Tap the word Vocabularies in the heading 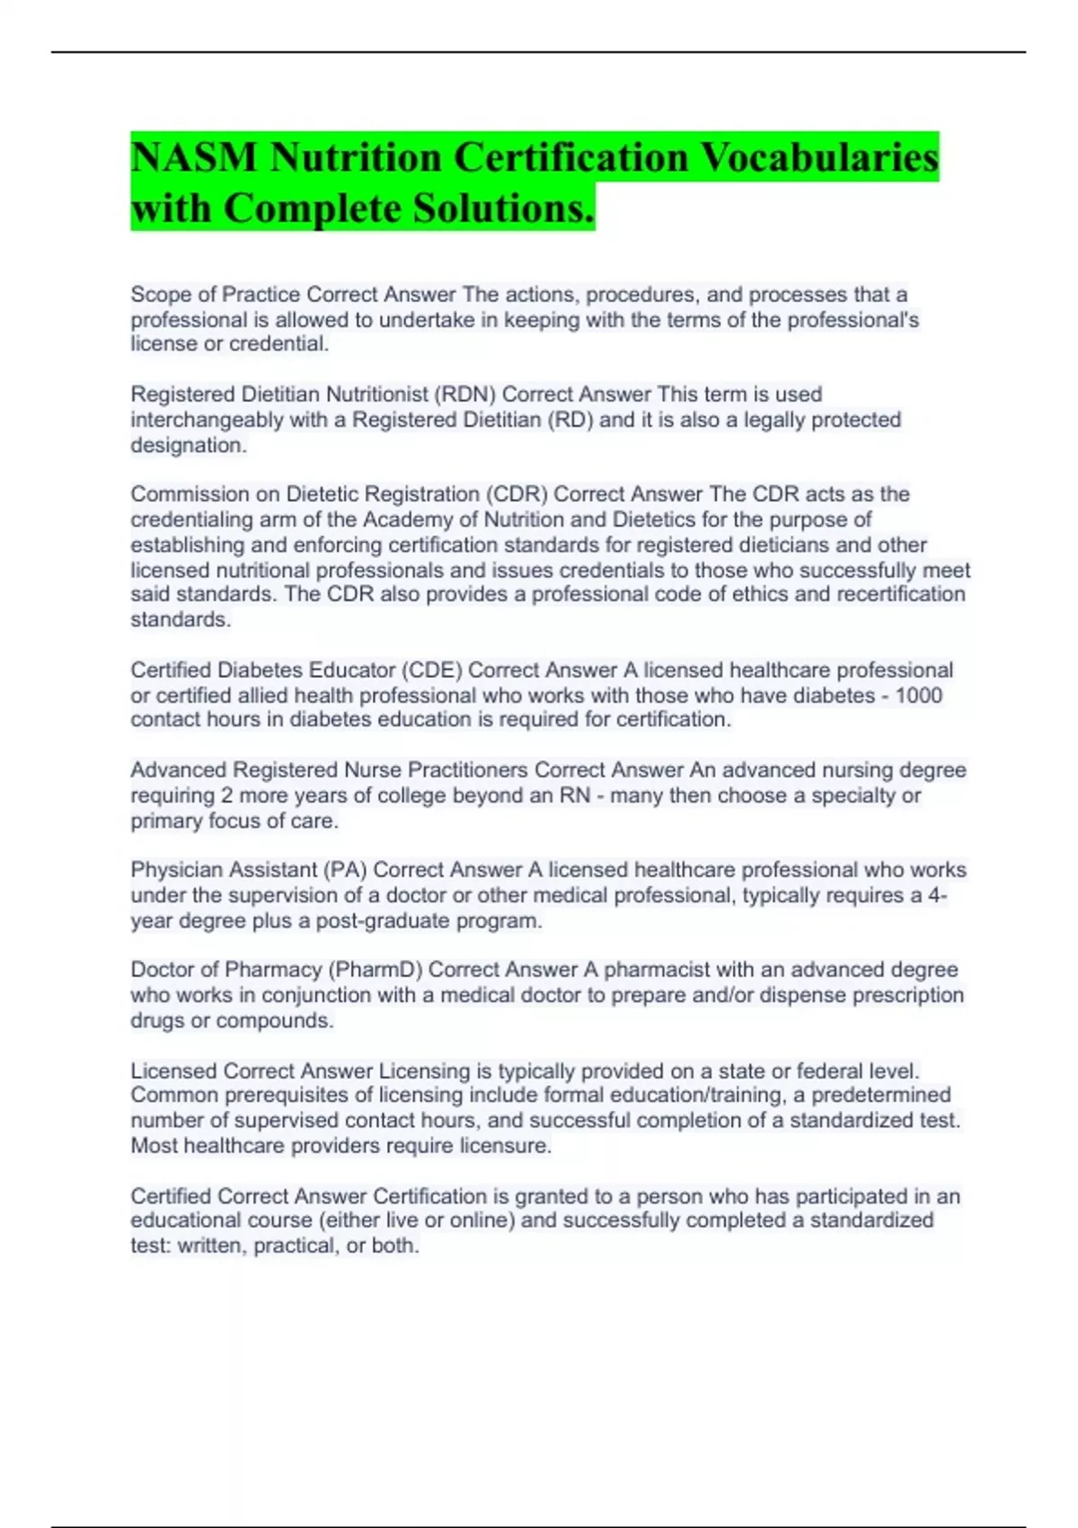pyautogui.click(x=818, y=158)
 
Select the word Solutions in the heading pyautogui.click(x=503, y=209)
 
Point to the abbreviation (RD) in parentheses pyautogui.click(x=570, y=420)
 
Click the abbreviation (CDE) pyautogui.click(x=431, y=671)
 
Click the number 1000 pyautogui.click(x=918, y=696)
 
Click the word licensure pyautogui.click(x=503, y=1146)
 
